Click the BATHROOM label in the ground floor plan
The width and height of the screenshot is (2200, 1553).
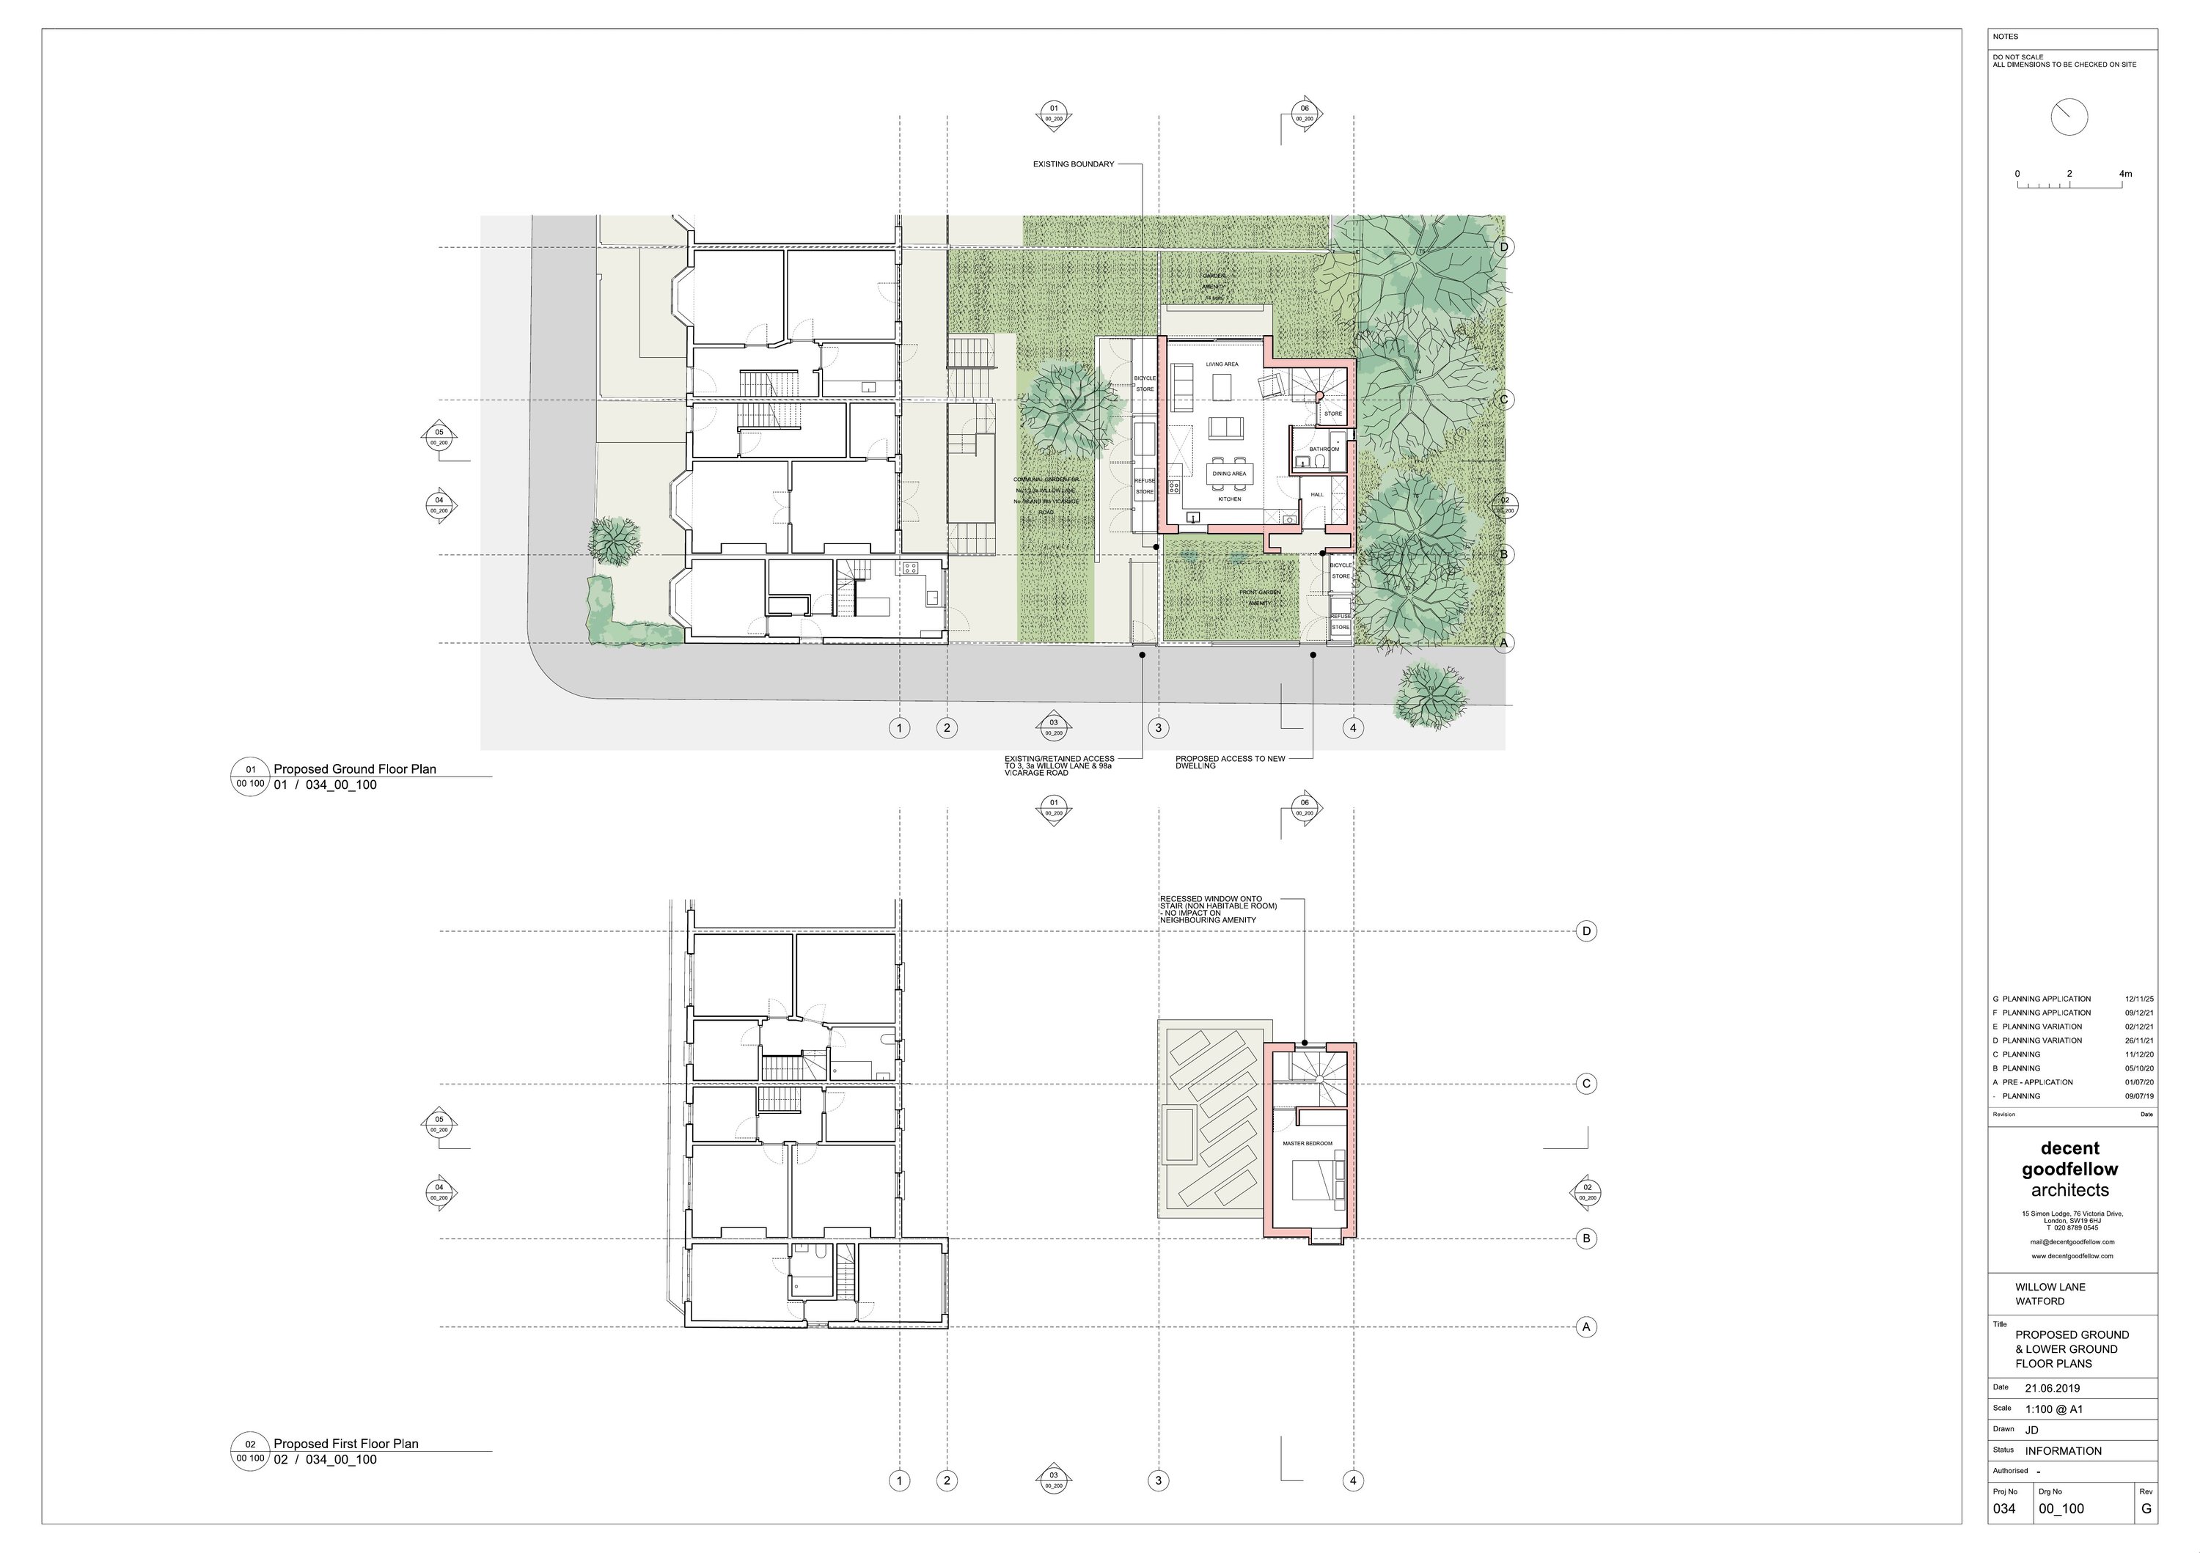(x=1324, y=449)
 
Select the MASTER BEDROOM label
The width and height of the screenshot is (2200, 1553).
(x=1307, y=1144)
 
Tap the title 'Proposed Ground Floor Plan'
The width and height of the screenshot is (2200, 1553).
(x=354, y=769)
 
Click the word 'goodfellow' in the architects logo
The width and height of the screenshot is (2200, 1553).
(x=2069, y=1170)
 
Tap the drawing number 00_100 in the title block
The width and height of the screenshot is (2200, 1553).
(x=2061, y=1509)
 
